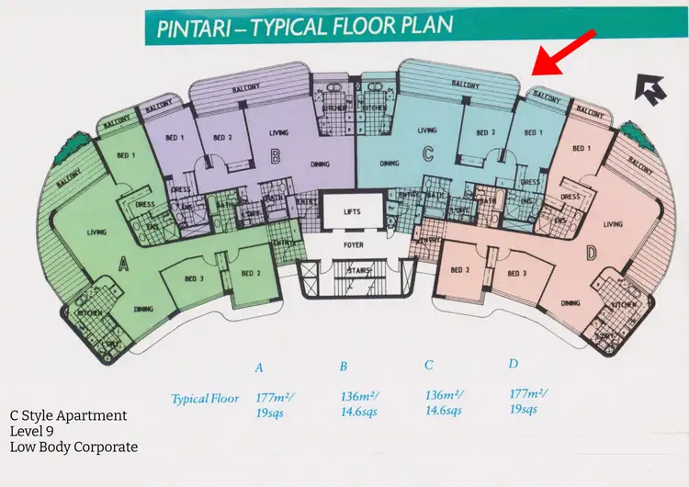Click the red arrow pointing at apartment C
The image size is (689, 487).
tap(564, 52)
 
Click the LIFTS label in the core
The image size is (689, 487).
tap(352, 211)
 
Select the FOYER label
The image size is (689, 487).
tap(352, 246)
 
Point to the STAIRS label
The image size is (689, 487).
tap(352, 271)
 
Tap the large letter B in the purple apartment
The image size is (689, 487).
tap(275, 157)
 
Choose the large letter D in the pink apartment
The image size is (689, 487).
tap(590, 252)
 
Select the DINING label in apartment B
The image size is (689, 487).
tap(321, 165)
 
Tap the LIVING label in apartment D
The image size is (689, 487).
tap(613, 224)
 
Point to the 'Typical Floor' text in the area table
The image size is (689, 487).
tap(205, 399)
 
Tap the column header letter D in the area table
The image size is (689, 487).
tap(514, 365)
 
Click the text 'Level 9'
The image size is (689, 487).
tap(32, 431)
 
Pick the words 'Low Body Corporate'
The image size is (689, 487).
tap(73, 447)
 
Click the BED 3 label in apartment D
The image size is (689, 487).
tap(516, 274)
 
